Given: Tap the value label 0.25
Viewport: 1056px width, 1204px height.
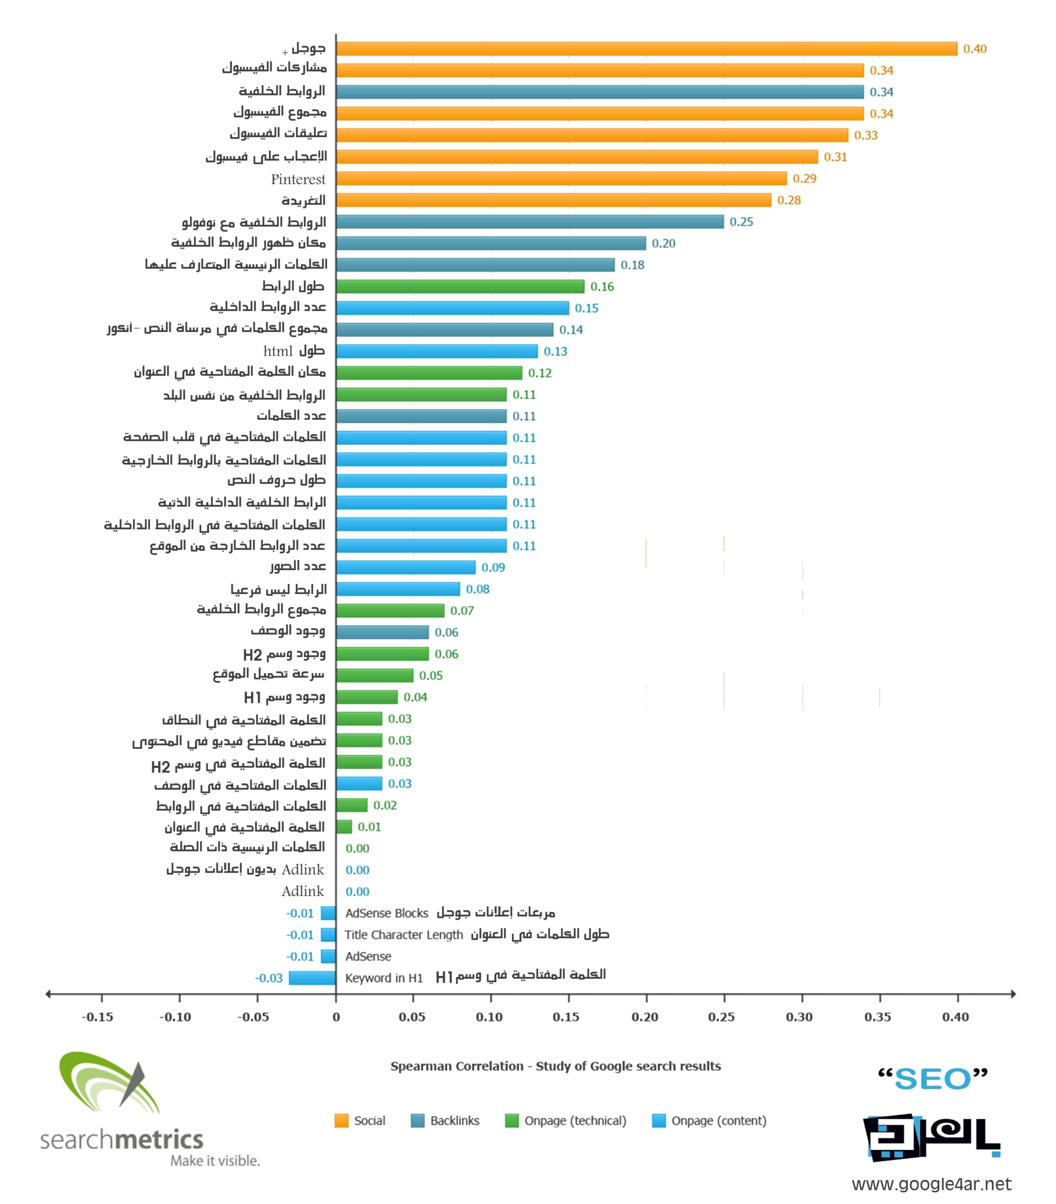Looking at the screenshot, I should pos(741,222).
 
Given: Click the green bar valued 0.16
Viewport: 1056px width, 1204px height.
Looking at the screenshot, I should pos(460,287).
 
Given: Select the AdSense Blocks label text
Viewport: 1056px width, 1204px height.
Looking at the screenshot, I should pos(386,914).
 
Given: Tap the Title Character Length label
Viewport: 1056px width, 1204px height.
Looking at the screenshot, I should pos(404,935).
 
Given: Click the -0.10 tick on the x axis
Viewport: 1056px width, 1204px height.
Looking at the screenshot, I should pos(176,1017).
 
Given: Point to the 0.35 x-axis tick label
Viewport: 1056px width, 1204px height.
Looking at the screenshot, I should pos(878,1017).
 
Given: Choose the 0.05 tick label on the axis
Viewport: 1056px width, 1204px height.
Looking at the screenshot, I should pos(412,1017).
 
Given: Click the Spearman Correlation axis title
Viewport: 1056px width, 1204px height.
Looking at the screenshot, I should pos(555,1067).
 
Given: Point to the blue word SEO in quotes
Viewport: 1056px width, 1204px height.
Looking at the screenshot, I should pos(932,1080).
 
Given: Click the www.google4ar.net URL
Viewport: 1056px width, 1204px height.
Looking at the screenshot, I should pos(931,1185).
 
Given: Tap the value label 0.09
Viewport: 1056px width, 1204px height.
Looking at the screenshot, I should pos(493,568).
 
